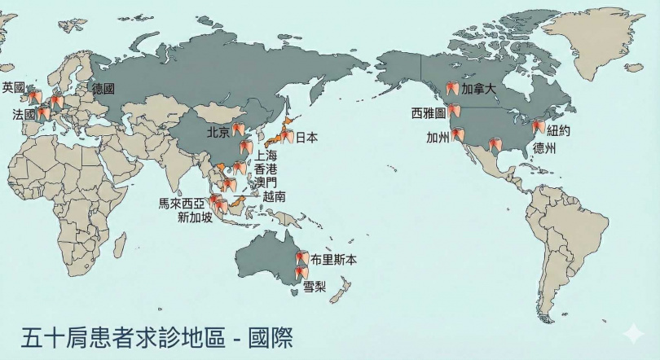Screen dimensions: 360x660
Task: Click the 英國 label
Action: coord(13,86)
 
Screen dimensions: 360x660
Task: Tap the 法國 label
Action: coord(24,115)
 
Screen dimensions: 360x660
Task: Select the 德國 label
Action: coord(103,88)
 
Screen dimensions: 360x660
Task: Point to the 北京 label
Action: coord(217,130)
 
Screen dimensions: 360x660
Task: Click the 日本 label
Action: coord(306,138)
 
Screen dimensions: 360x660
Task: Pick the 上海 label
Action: coord(266,155)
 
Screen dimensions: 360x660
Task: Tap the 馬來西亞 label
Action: coord(182,203)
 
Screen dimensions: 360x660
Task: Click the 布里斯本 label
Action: coord(335,260)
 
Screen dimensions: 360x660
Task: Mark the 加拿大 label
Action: coord(478,88)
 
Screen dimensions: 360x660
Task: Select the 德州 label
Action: coord(543,148)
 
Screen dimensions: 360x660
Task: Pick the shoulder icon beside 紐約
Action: coord(538,127)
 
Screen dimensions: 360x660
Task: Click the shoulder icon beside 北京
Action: coord(237,128)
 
